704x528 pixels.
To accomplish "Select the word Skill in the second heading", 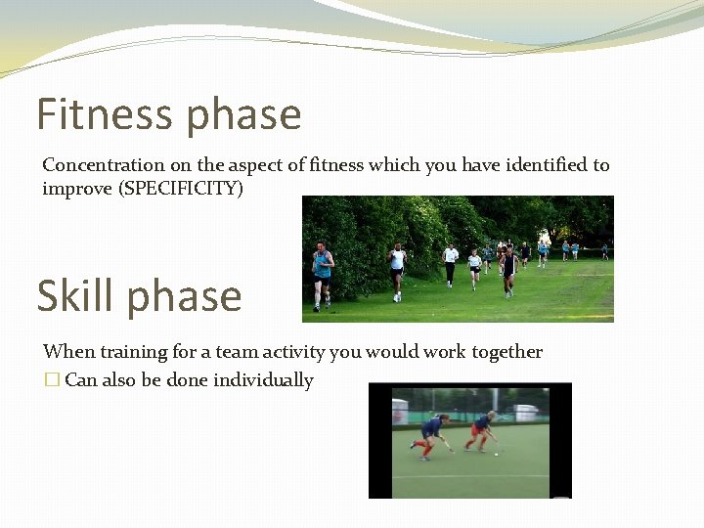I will coord(74,296).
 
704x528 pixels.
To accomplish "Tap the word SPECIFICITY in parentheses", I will coord(180,188).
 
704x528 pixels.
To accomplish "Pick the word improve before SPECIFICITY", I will coord(77,189).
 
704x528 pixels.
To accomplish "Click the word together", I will coord(506,352).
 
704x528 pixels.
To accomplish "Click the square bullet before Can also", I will coord(52,380).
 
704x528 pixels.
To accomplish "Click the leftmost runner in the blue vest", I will coord(322,273).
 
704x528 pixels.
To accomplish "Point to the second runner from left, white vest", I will coord(396,269).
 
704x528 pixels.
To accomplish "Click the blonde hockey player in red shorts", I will coord(482,429).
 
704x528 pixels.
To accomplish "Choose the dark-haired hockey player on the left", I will coord(431,433).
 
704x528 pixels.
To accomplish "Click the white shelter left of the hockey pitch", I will coord(400,414).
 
